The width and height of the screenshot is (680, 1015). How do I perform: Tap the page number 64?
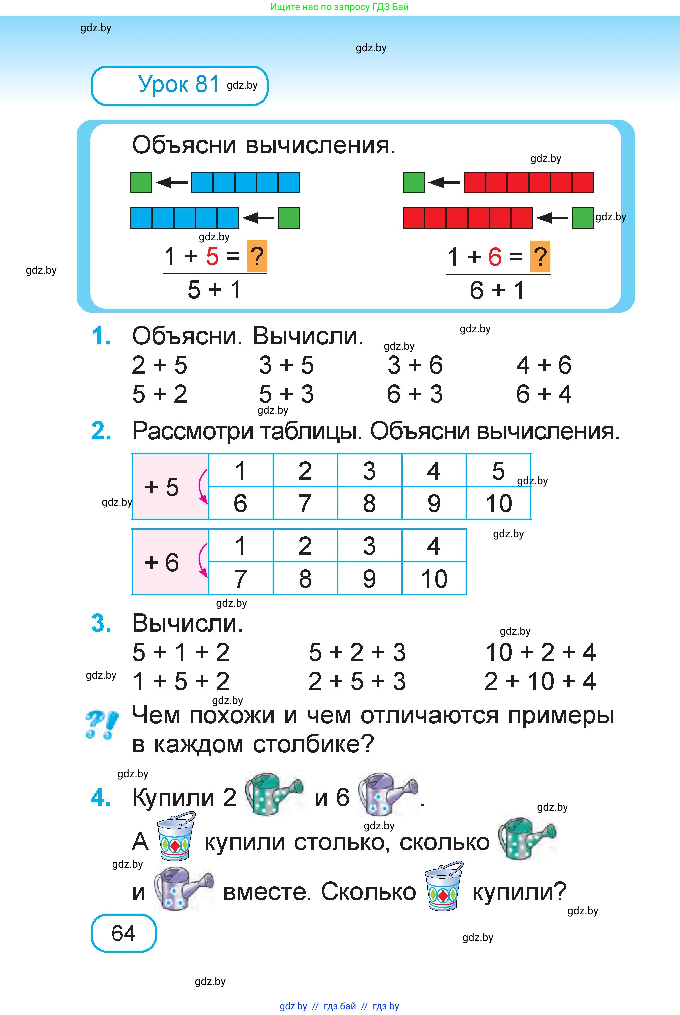[x=123, y=933]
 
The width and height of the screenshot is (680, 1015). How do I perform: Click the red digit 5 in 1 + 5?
[x=212, y=256]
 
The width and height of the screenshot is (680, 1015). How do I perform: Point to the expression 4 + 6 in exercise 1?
[x=544, y=365]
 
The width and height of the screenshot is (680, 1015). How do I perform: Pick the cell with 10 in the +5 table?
[x=499, y=503]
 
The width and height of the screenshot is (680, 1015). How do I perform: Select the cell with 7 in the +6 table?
[x=241, y=578]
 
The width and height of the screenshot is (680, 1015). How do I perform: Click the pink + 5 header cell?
[x=170, y=486]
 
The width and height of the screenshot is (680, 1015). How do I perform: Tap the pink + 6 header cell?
[x=170, y=562]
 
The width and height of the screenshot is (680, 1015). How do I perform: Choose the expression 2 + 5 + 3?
[x=357, y=681]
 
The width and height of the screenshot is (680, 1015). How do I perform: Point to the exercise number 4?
[x=101, y=797]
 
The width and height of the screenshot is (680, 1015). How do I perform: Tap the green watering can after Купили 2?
[x=274, y=794]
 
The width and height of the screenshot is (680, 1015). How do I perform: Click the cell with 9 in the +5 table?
[x=434, y=503]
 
